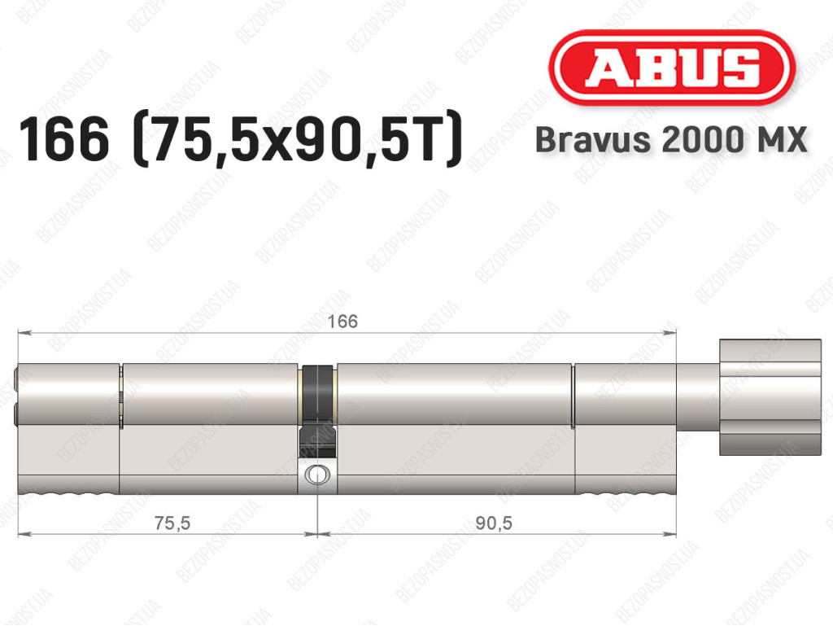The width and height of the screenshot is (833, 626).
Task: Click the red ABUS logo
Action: [671, 68]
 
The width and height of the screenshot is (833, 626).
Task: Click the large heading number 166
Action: [63, 138]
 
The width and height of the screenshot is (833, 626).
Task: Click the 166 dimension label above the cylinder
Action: [342, 321]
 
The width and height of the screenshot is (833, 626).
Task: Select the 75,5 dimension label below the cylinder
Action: [172, 523]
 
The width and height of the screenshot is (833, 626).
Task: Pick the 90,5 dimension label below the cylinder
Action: [494, 523]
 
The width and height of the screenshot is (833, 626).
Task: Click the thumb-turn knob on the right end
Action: [770, 397]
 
